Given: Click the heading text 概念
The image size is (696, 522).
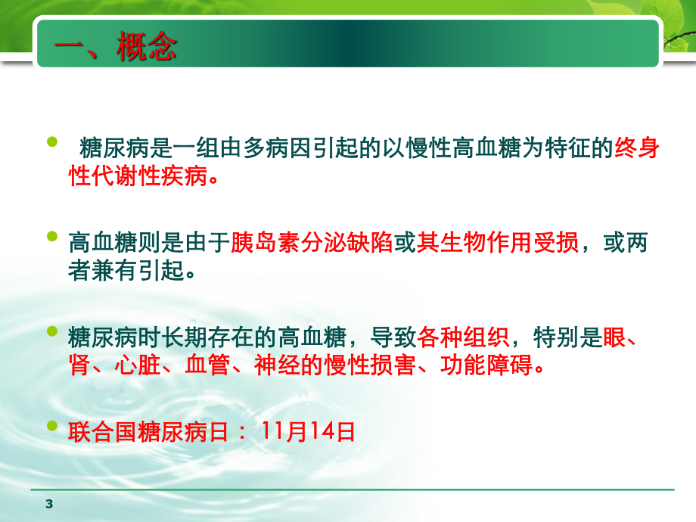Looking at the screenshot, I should (x=147, y=49).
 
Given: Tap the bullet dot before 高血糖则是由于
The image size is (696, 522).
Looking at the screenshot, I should (x=52, y=237).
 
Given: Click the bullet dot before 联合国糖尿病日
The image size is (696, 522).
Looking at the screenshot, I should (x=52, y=425).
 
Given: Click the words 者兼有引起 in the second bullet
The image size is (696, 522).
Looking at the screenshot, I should (x=124, y=271).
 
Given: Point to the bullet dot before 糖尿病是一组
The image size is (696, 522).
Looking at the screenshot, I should (x=52, y=143).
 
